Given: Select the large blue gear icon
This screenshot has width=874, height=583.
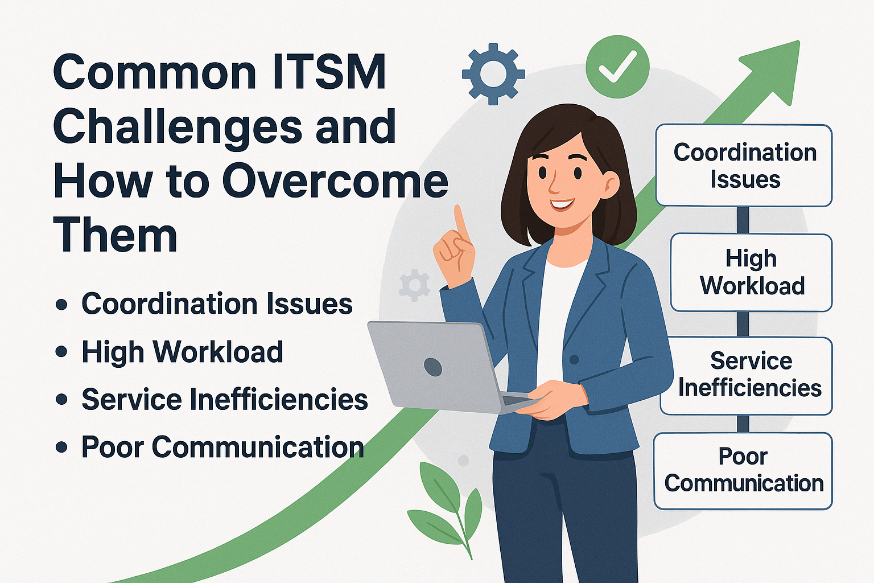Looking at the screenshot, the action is pos(493,74).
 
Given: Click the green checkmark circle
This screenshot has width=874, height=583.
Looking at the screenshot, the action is pos(617,67).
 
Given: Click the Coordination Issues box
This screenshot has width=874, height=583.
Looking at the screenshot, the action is pos(744,165).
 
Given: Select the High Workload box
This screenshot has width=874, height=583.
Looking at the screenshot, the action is pos(752,272).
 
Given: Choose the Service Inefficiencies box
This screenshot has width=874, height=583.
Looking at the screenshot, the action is pos(747,376).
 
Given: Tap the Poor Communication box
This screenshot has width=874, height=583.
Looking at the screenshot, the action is pos(743,471).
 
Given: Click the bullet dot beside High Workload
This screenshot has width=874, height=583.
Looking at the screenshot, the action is pos(61,351).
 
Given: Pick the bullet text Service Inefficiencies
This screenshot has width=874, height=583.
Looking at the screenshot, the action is pos(225,399).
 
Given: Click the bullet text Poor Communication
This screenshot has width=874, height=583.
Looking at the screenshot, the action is pos(223,447).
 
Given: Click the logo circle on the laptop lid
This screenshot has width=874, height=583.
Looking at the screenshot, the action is pos(432,367).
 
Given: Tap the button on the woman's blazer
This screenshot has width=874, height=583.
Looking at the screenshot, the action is pos(574,359).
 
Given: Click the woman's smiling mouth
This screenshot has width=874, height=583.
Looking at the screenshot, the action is pos(563,204).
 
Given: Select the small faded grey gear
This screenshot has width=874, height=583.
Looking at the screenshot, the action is pos(414,285).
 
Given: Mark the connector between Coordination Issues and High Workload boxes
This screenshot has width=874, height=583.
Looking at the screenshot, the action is pos(743,220).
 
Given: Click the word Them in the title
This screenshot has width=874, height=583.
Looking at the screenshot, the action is pos(116,235).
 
